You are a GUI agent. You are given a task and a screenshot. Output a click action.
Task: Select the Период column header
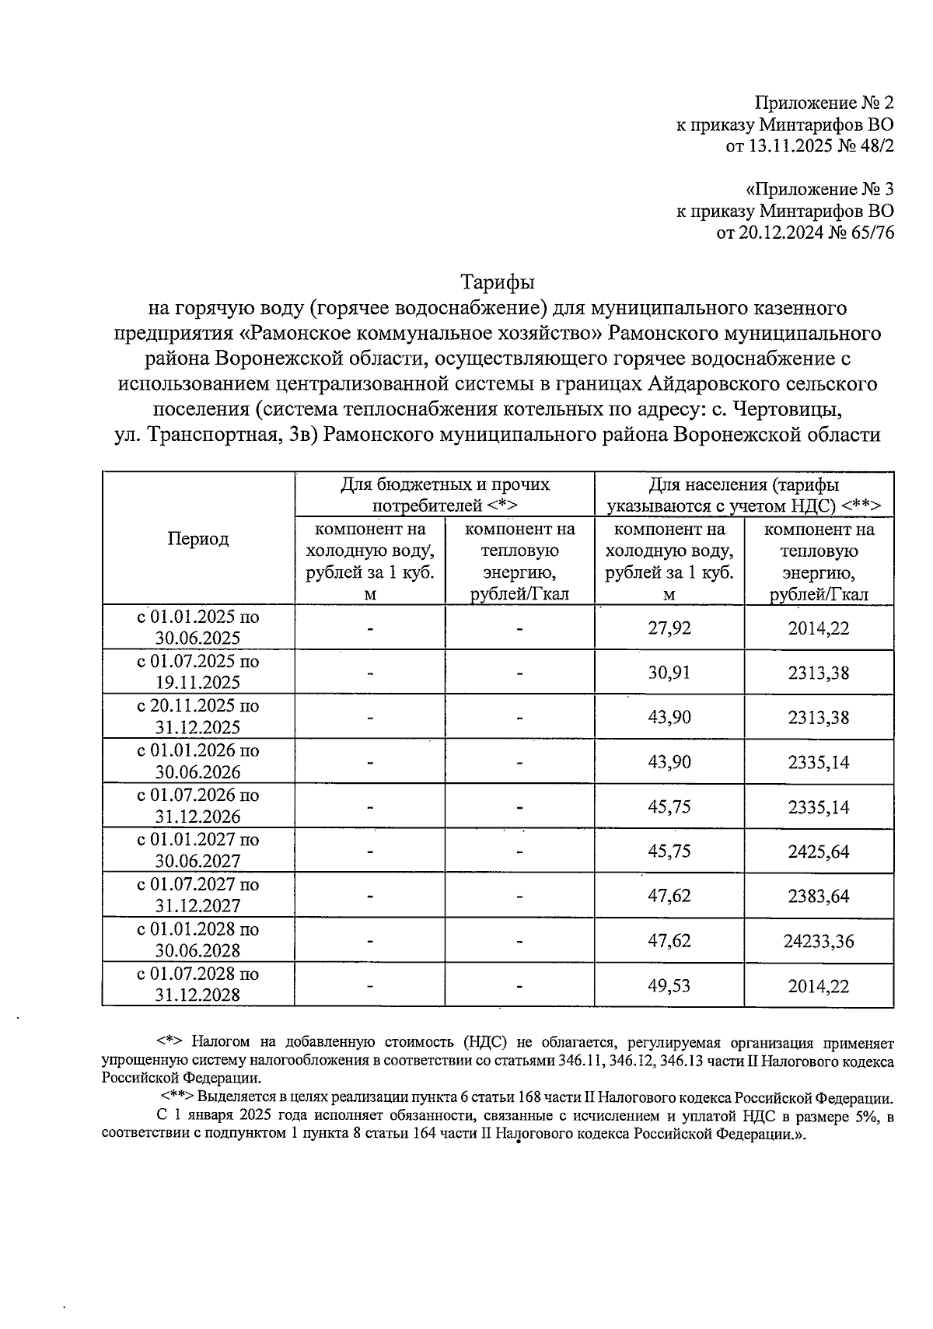[x=198, y=539]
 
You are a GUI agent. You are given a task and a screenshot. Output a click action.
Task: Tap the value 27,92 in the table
[x=669, y=628]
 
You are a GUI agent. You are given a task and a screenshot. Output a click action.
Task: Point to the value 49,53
[x=669, y=986]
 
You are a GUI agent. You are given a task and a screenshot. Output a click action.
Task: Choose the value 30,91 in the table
[x=669, y=673]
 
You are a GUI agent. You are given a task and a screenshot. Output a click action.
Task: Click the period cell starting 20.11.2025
[x=198, y=717]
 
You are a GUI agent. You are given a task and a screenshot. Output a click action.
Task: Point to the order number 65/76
[x=873, y=232]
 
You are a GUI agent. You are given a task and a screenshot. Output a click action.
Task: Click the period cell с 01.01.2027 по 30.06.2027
[x=198, y=851]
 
